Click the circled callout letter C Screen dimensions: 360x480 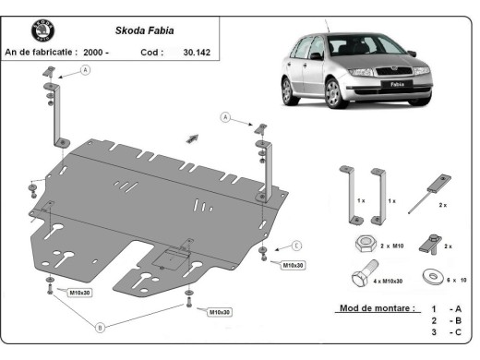coord(297,246)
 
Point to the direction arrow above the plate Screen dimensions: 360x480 coord(192,138)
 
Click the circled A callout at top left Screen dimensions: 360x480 coord(85,69)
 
